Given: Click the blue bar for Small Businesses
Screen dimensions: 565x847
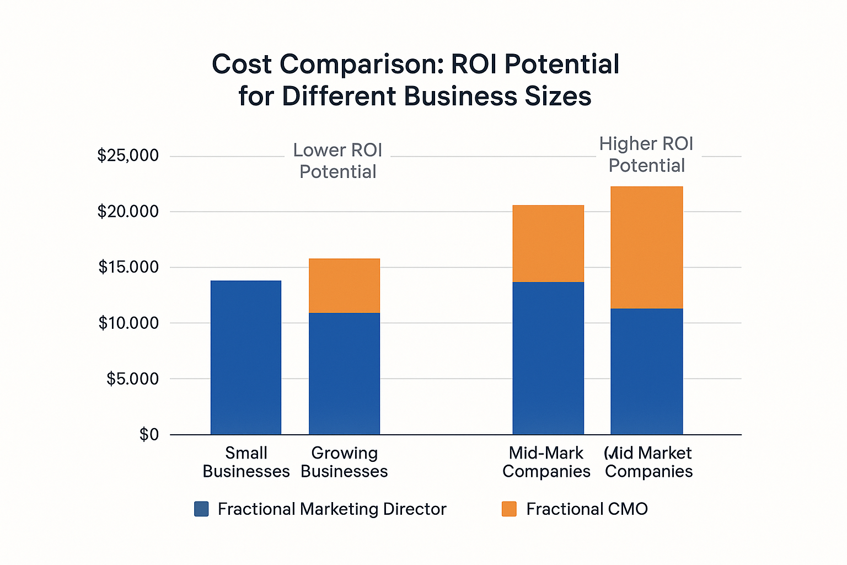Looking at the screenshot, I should click(246, 358).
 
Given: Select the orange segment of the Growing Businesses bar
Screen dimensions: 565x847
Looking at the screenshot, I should click(344, 286).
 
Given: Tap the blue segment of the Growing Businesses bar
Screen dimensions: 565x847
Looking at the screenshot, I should click(344, 374).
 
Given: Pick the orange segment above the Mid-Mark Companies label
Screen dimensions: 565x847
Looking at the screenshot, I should click(548, 244).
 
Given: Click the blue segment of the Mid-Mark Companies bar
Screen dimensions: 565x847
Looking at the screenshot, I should click(548, 358).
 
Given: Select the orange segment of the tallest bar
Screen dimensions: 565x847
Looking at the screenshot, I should click(646, 247).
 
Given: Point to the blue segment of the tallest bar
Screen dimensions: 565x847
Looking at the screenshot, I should click(646, 371).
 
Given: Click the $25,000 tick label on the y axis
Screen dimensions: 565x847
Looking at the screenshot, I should click(128, 156).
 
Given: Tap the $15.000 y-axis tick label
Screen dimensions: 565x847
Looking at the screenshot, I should click(128, 267).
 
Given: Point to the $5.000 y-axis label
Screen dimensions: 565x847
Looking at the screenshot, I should click(132, 379).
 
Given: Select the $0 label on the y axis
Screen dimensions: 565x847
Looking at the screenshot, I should click(149, 435).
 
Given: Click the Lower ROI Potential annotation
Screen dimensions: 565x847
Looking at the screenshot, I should click(337, 161).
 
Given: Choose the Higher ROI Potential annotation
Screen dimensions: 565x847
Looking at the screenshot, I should click(646, 154).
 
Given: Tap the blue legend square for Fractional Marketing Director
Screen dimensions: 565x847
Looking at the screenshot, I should click(201, 509).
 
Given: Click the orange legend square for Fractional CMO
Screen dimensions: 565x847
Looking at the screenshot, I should click(509, 509).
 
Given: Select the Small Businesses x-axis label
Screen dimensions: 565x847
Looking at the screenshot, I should click(246, 462).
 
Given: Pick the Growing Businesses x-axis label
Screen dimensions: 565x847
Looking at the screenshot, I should click(344, 462).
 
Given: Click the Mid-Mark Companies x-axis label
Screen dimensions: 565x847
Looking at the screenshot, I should click(546, 462).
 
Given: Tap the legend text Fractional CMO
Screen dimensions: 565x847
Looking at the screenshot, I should click(587, 509).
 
